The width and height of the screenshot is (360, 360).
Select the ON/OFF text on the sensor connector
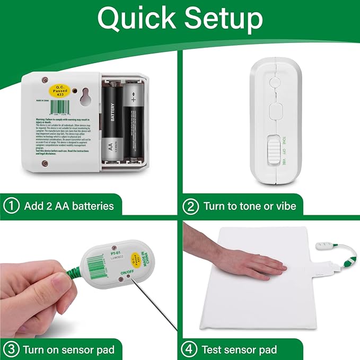point(127,273)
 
